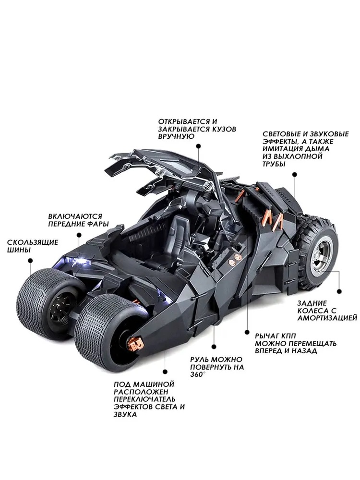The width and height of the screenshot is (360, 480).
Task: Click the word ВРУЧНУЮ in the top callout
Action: [x=176, y=136]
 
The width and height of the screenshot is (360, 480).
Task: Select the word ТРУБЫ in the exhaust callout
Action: [x=274, y=164]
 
